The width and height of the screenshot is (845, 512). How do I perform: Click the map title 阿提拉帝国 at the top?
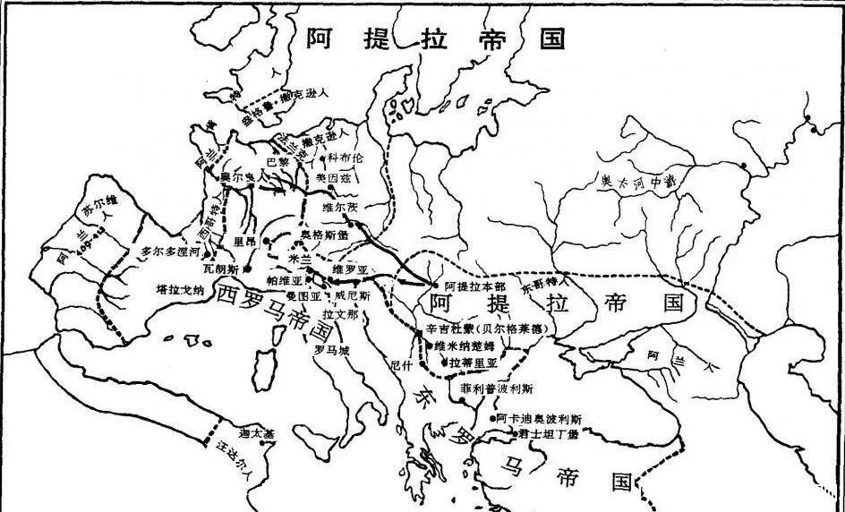click(437, 38)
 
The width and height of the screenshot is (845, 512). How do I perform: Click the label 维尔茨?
click(338, 209)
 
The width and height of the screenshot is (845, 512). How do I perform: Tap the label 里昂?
click(244, 241)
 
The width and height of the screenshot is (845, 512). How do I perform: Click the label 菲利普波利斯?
click(498, 389)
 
